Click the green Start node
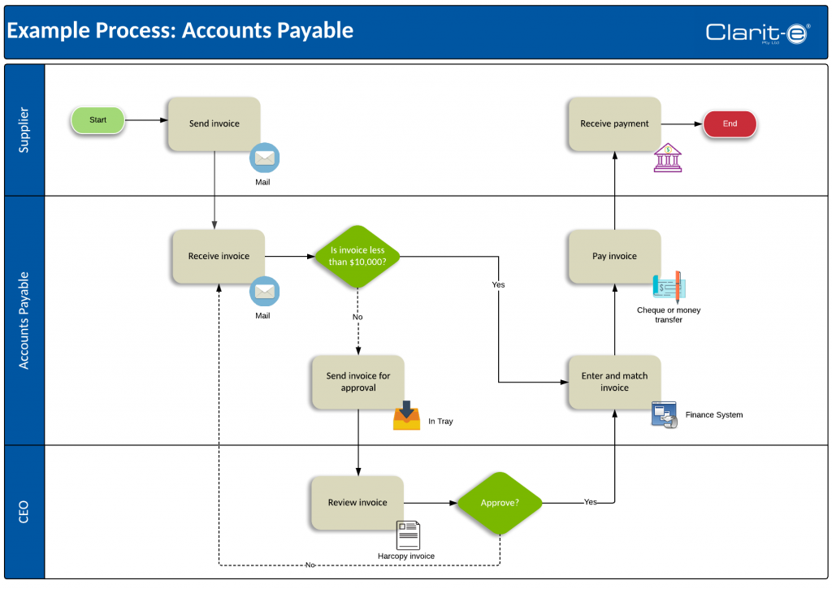tap(97, 120)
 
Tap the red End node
tap(730, 123)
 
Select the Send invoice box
tap(214, 123)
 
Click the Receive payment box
tap(614, 123)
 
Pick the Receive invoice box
tap(219, 256)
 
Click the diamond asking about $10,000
tap(357, 256)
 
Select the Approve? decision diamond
tap(500, 503)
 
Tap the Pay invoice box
tap(614, 256)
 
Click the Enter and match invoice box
tap(614, 382)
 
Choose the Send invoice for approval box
tap(358, 382)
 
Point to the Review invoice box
tap(357, 503)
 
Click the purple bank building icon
tap(668, 158)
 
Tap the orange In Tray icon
tap(406, 415)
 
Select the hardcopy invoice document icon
tap(408, 535)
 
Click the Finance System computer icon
tap(665, 415)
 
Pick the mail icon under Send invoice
tap(264, 158)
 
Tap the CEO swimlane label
tap(24, 512)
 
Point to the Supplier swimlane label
tap(24, 130)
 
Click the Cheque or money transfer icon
tap(669, 287)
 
